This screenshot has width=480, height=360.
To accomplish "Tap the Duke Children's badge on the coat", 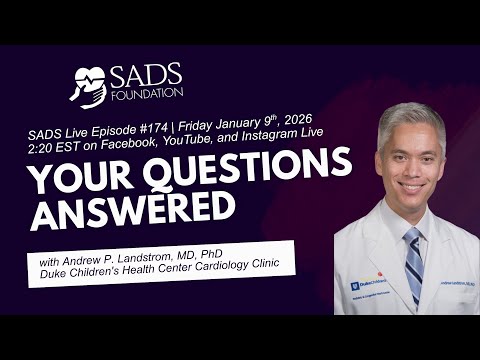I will pyautogui.click(x=367, y=283).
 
